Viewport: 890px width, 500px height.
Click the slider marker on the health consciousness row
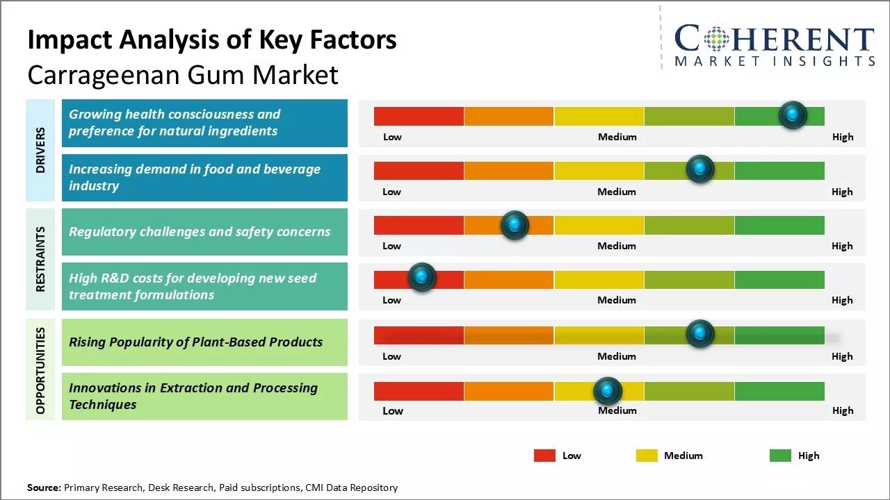793,115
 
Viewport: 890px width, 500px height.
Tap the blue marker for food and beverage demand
699,169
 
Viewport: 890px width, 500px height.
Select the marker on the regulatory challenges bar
515,224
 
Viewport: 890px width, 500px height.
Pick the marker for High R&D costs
421,277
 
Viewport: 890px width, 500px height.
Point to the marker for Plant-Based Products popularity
699,334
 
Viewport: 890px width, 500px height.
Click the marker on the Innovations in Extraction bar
608,391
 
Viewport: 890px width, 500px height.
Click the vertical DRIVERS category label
40,150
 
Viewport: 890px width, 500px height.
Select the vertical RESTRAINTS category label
40,259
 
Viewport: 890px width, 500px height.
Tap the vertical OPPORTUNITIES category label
40,371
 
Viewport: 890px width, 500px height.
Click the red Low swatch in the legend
544,456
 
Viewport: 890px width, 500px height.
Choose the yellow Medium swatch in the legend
647,456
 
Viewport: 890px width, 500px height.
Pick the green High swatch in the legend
780,456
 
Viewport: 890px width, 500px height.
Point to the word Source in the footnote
43,487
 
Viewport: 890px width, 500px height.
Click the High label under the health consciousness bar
842,137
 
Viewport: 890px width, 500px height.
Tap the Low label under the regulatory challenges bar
391,246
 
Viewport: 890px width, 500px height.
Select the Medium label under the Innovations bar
617,410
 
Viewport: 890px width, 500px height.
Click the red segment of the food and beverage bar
419,171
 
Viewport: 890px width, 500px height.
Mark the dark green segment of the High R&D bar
779,280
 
